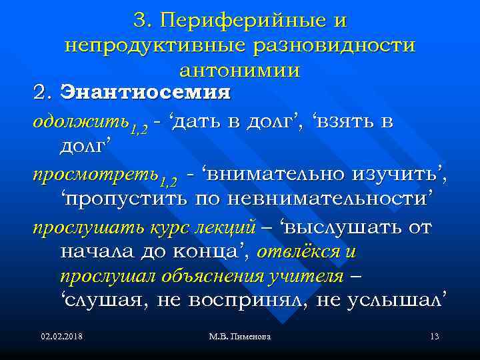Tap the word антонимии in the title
(240, 69)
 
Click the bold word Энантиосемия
(145, 92)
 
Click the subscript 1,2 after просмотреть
(169, 181)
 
